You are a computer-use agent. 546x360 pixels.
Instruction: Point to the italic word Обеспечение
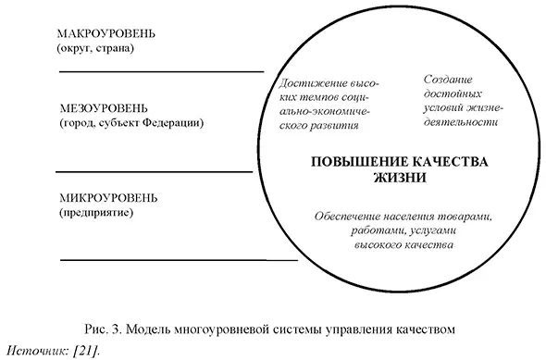click(x=350, y=217)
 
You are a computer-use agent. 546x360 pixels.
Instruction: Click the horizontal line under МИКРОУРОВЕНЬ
click(x=154, y=260)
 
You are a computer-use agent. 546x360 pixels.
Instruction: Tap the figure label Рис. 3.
click(x=99, y=329)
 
